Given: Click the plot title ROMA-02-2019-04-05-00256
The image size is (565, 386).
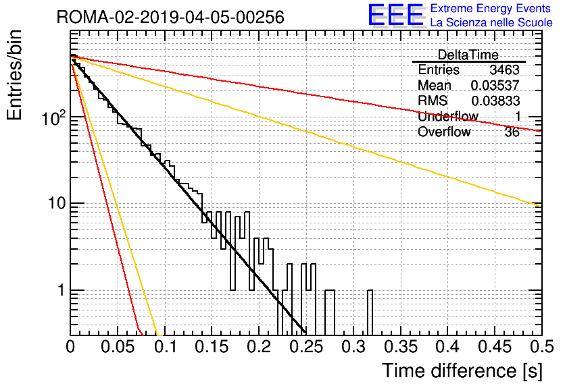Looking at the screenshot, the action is pos(170,17).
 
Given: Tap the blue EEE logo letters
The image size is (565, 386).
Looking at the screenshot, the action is pos(396,15).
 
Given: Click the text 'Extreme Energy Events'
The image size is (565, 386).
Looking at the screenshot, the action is pos(491,8).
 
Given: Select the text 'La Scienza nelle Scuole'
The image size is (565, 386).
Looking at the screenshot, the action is pos(491,22).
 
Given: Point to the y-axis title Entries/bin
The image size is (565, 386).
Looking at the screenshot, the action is pos(14,75).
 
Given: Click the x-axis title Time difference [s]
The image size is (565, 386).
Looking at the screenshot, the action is pos(462,371).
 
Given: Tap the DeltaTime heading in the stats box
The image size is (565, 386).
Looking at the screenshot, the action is pos(468,55).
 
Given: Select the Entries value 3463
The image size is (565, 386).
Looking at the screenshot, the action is pos(504,70).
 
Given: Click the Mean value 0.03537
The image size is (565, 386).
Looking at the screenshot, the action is pos(495,85).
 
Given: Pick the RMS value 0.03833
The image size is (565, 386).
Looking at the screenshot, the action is pos(495,101).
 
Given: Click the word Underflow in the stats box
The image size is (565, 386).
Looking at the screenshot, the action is pos(448,116).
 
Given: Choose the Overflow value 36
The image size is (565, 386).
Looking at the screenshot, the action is pos(512,132).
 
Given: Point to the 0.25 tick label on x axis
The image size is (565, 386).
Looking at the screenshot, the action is pos(306,347).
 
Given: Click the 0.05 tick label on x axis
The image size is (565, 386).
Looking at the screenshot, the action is pos(118,347).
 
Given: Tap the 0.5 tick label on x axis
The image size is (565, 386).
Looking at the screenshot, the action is pos(542,347).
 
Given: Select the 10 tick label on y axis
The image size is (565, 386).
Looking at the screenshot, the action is pos(57,204).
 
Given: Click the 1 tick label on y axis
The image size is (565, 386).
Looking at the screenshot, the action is pos(61,290).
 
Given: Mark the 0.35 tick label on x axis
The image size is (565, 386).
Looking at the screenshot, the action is pos(401,347).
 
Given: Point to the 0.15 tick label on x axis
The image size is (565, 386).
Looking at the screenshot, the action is pos(212,347).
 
